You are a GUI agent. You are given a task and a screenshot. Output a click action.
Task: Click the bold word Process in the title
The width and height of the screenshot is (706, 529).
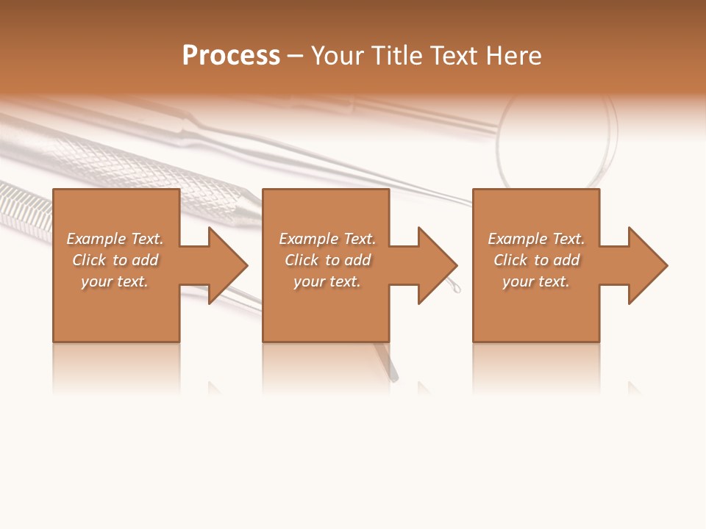(x=231, y=56)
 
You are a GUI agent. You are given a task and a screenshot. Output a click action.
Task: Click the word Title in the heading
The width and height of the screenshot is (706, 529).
(x=398, y=56)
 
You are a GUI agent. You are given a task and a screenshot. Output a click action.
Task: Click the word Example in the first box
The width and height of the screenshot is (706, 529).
(x=96, y=239)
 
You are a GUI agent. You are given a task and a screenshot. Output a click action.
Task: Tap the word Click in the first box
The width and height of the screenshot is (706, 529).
(x=88, y=260)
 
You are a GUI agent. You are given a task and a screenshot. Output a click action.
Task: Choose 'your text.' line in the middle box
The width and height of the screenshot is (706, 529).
(x=327, y=281)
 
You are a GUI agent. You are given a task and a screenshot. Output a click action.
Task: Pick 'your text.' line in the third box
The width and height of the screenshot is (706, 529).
(x=536, y=281)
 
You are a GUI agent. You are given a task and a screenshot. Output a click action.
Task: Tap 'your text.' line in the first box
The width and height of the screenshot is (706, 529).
(x=115, y=281)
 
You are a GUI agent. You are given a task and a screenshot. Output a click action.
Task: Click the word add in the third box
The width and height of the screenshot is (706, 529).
(x=567, y=260)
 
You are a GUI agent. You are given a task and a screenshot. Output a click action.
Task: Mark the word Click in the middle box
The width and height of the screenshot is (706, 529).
(x=301, y=260)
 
